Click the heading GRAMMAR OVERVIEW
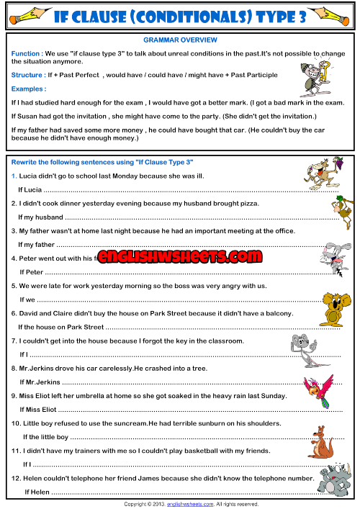[x=181, y=40]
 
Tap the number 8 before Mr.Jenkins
[x=14, y=368]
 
